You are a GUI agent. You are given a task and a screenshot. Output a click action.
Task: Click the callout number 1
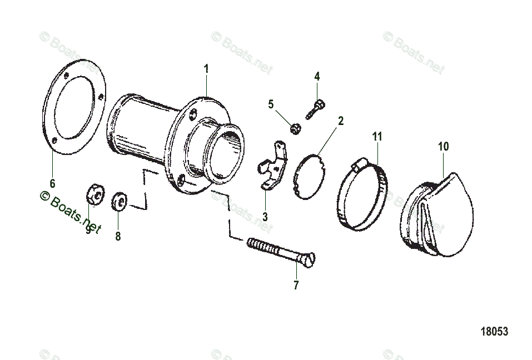click(206, 69)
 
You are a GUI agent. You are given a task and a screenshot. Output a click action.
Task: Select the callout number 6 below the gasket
click(52, 183)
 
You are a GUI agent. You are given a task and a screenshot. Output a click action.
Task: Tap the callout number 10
click(443, 147)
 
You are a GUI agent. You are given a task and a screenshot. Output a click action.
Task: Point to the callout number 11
click(377, 136)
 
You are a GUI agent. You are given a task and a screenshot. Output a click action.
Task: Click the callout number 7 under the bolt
click(296, 286)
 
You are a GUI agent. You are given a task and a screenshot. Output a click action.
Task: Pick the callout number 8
click(118, 236)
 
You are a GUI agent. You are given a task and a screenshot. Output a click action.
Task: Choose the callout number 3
click(265, 216)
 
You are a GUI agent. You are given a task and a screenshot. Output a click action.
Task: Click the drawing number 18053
click(494, 332)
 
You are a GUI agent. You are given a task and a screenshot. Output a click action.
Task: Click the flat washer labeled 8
click(120, 201)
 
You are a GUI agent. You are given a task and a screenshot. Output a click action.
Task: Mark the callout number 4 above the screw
click(317, 76)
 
